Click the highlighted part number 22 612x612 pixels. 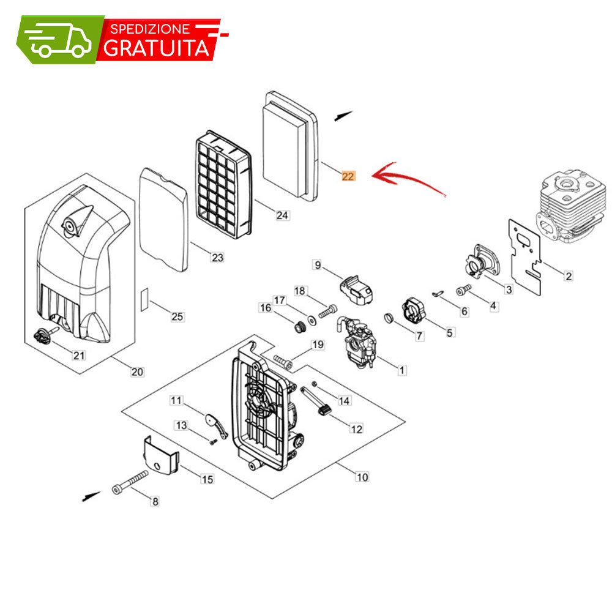[348, 176]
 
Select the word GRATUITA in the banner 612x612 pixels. [157, 48]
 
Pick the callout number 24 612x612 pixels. [282, 215]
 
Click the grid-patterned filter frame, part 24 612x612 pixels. [223, 184]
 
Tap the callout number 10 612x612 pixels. [362, 477]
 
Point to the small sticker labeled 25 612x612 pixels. [144, 299]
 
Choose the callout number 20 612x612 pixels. [137, 372]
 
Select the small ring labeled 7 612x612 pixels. [389, 318]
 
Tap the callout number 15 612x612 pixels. [207, 479]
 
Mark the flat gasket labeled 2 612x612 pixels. [525, 257]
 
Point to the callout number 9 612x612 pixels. [318, 265]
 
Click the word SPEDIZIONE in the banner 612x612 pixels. [151, 29]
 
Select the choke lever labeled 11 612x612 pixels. [216, 425]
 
